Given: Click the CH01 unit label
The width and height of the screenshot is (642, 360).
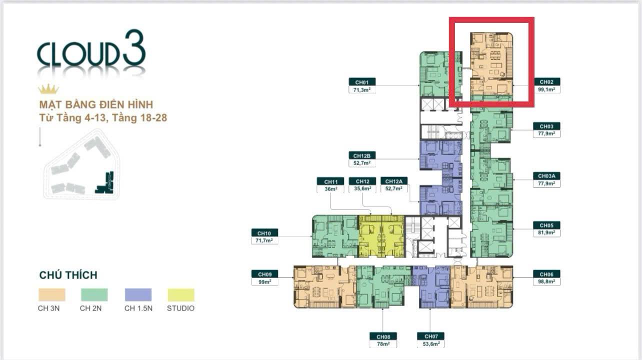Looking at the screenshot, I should (x=361, y=82).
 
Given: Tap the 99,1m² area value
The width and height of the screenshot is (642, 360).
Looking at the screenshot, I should (x=546, y=89).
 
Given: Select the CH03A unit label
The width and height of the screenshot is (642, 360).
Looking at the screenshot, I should (x=546, y=176).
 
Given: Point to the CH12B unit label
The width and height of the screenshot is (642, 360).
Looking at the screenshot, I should (x=361, y=155).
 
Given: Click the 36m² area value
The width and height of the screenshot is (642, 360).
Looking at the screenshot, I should (x=331, y=189).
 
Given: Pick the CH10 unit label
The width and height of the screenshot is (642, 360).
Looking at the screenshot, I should (x=264, y=233).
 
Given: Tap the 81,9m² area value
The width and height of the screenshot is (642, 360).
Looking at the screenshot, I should (x=546, y=233).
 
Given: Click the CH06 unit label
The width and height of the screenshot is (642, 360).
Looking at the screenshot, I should (x=546, y=274).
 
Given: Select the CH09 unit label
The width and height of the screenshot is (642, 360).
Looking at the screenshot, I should (x=264, y=274).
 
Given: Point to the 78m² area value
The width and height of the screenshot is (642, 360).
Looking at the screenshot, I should (x=382, y=344).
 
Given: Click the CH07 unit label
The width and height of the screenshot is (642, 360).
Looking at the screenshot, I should (x=430, y=336).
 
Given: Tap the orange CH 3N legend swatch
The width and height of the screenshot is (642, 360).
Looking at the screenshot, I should (x=51, y=294).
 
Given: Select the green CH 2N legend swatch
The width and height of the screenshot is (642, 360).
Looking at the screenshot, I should (x=94, y=294).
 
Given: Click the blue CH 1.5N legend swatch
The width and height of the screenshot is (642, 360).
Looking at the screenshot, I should (x=138, y=294).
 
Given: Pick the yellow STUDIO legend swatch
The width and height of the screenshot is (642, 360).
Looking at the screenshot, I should (x=181, y=294).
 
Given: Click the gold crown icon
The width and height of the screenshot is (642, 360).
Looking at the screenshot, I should (x=48, y=89).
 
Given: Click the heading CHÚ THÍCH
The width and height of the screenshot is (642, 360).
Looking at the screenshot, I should (x=68, y=275).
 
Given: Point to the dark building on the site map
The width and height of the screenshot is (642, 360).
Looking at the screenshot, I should (x=106, y=183).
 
